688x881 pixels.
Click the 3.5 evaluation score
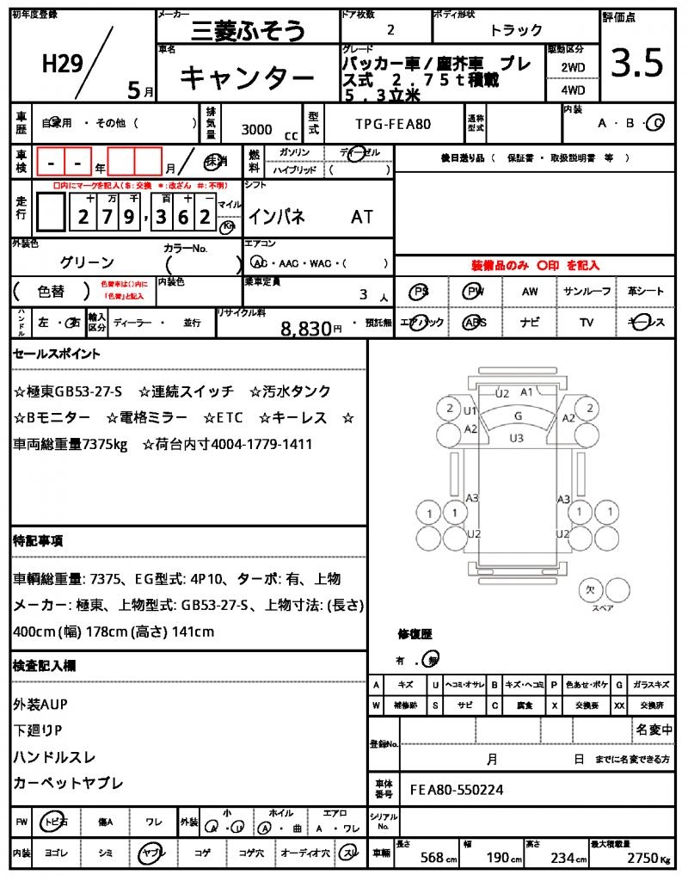(x=637, y=63)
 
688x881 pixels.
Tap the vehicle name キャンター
(x=246, y=78)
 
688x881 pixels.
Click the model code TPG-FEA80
(x=393, y=124)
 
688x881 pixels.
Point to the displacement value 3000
(x=256, y=130)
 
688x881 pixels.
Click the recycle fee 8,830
(x=306, y=328)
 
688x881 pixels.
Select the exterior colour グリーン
(x=87, y=262)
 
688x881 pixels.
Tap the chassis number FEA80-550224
(x=457, y=789)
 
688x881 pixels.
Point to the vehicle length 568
(x=432, y=858)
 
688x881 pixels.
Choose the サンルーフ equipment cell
(x=587, y=292)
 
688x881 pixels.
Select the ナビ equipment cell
(x=530, y=323)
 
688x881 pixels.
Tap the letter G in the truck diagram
(x=517, y=416)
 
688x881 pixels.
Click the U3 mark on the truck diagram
(x=516, y=438)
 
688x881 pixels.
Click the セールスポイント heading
(x=57, y=353)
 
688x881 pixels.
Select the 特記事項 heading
(x=38, y=541)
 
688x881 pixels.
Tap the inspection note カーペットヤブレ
(x=68, y=783)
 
